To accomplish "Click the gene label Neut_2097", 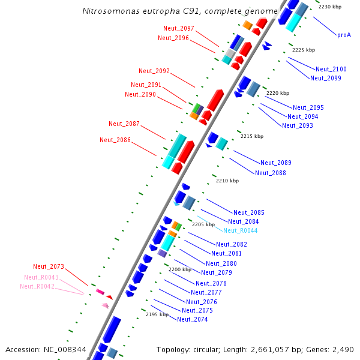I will [x=179, y=29].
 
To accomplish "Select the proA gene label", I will [x=344, y=35].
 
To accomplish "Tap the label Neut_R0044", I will [x=240, y=230].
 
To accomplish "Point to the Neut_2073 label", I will [x=49, y=266].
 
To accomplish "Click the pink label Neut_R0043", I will [x=41, y=277].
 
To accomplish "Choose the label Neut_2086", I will [x=115, y=140].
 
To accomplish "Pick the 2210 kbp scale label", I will [x=227, y=181].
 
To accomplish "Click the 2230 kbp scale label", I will [x=330, y=7].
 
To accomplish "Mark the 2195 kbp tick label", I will [x=157, y=314].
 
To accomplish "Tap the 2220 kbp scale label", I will [x=278, y=94].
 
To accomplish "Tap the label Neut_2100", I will [x=331, y=69].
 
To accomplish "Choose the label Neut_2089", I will [x=276, y=163].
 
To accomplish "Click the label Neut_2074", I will [x=193, y=319].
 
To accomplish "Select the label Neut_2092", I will [x=154, y=71].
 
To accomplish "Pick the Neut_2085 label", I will [x=249, y=212].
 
